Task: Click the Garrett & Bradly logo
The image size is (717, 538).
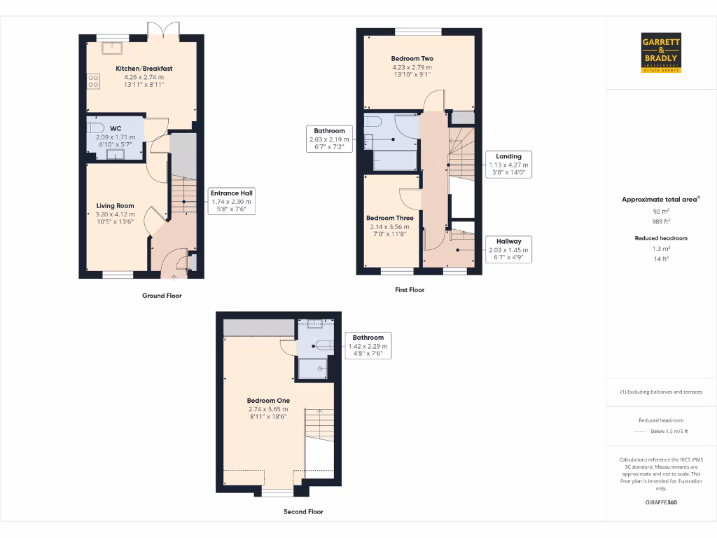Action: coord(661,52)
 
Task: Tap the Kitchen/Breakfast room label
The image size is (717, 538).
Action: coord(144,69)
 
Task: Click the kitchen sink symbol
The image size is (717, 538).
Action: coord(111,48)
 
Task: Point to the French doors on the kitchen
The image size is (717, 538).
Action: coord(163,30)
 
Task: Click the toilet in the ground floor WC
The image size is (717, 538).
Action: coord(95,129)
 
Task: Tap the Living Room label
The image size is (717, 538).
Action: coord(115,206)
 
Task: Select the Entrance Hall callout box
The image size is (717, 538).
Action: coord(232,201)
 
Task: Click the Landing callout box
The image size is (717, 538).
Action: coord(510,165)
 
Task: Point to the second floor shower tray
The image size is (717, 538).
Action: coord(314,368)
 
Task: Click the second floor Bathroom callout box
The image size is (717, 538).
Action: coord(368,345)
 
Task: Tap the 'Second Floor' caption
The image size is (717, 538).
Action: coord(303,511)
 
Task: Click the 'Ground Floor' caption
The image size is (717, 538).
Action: coord(162,296)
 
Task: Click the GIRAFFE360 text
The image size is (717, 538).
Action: coord(661,502)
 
